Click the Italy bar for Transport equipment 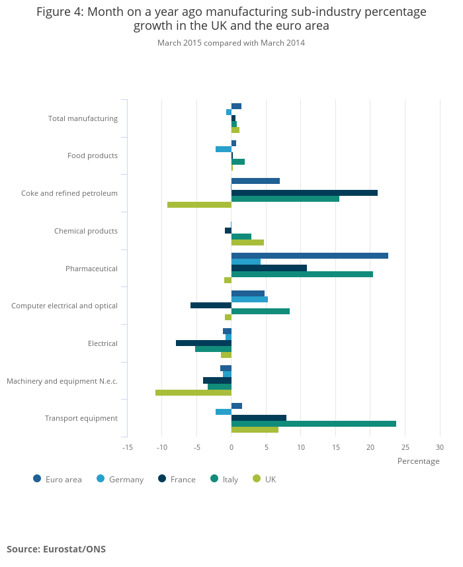click(x=314, y=423)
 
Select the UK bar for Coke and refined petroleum click(x=199, y=205)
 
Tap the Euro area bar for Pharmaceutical click(x=310, y=256)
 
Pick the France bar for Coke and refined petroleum click(x=304, y=193)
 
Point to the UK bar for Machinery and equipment click(x=193, y=392)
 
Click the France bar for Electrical click(x=204, y=343)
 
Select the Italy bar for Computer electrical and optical click(x=261, y=311)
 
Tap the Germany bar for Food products click(x=224, y=150)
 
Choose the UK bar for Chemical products click(x=247, y=242)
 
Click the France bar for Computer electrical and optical click(x=211, y=305)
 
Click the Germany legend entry click(x=120, y=480)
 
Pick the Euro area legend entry click(x=58, y=480)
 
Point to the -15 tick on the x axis click(x=128, y=447)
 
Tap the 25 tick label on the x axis click(x=405, y=447)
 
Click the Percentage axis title click(x=418, y=461)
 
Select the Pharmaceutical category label click(x=91, y=269)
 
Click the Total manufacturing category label click(x=83, y=118)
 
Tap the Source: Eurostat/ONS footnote click(x=56, y=549)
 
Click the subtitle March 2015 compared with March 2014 click(x=231, y=43)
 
